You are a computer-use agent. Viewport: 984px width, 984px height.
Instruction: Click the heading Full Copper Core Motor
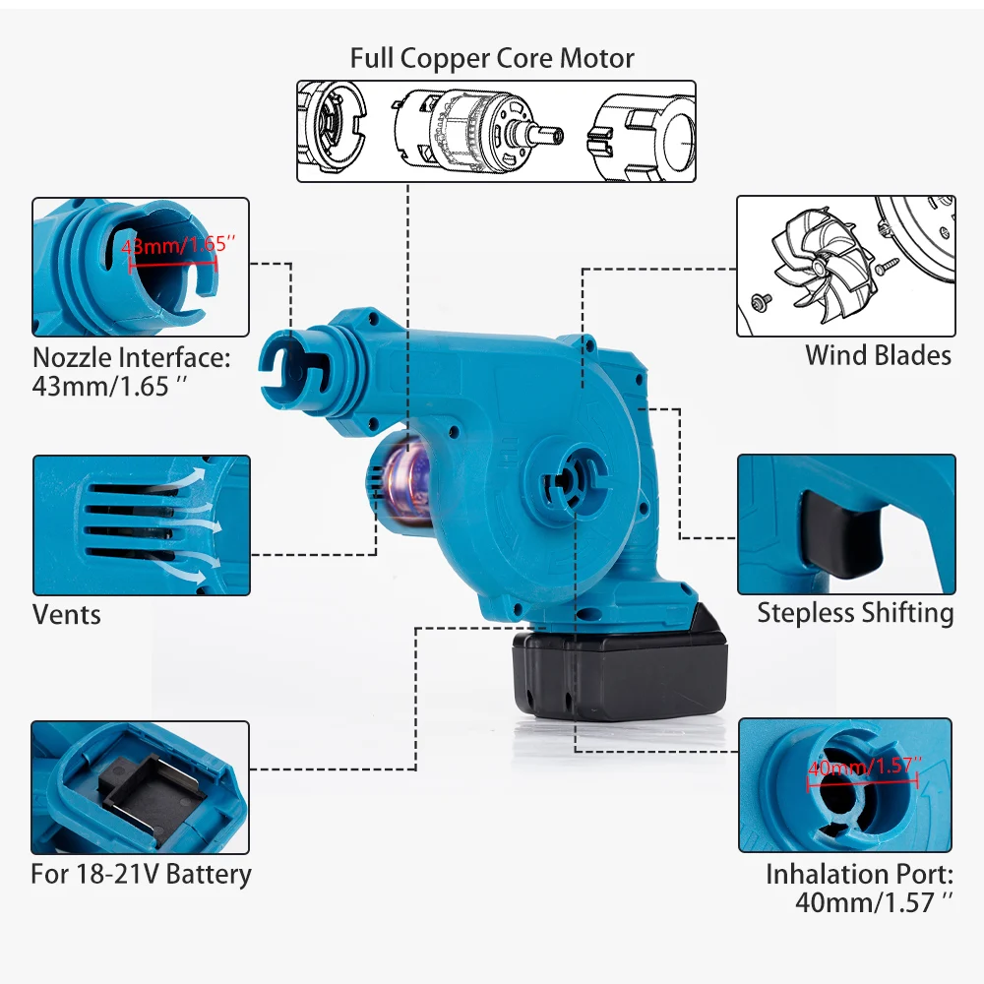(x=492, y=58)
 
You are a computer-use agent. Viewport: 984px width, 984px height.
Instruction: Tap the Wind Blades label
(x=878, y=355)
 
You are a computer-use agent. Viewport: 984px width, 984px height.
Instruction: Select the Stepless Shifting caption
(x=855, y=613)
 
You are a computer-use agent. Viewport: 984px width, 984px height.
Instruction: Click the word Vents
(x=67, y=615)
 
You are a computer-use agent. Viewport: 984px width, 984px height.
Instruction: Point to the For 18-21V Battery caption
(x=141, y=874)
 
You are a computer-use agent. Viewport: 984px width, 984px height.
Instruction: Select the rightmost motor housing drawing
(x=640, y=132)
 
